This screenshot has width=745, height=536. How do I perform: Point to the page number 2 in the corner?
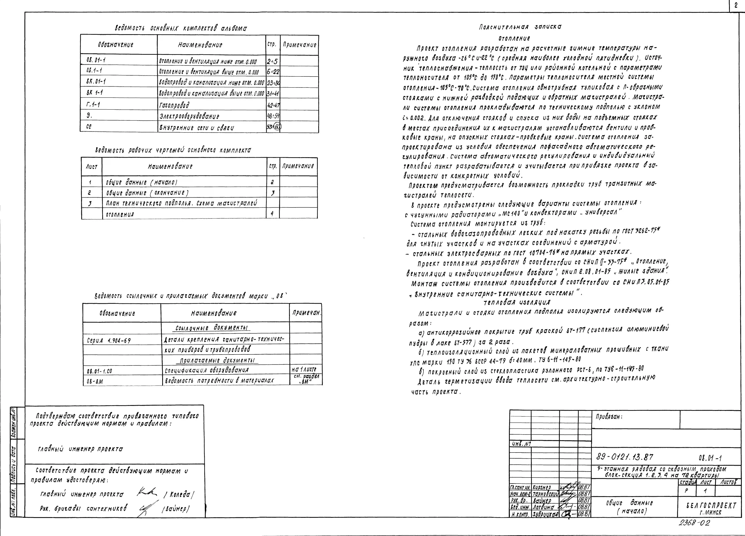click(x=736, y=5)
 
